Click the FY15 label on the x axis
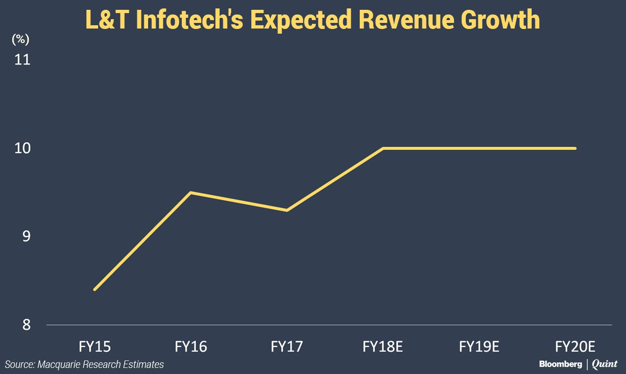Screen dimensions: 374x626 95,347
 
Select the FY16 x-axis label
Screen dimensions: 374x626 191,347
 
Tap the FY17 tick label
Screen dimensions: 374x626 287,347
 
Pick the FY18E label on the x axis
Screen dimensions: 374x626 383,347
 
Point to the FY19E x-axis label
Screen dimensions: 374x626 479,347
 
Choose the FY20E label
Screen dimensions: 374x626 575,347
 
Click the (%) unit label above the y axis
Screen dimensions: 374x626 21,40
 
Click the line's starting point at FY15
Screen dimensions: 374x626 95,289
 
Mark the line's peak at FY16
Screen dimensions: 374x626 191,192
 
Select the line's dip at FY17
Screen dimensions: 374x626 287,210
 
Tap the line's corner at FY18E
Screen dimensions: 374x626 383,148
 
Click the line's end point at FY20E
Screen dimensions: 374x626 575,148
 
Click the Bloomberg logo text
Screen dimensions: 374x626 561,364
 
